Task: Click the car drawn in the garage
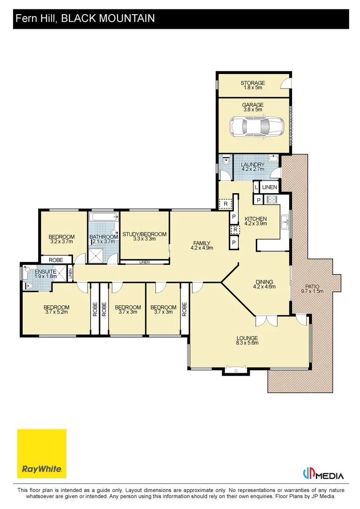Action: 256,127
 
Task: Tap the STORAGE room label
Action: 253,83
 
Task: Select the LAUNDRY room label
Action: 253,164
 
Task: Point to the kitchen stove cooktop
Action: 271,199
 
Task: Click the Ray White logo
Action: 41,453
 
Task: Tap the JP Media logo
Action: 323,474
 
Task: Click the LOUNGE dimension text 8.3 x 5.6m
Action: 247,343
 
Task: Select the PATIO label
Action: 312,287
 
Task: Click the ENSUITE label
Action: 45,272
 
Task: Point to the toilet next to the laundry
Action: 226,161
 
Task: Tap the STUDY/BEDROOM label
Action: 145,234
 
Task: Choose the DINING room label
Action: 264,282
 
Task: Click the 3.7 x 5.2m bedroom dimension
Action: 57,312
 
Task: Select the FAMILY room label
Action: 202,243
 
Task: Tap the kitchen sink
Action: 285,222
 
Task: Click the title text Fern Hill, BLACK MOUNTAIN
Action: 85,18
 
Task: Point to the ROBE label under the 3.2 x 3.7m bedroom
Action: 56,260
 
